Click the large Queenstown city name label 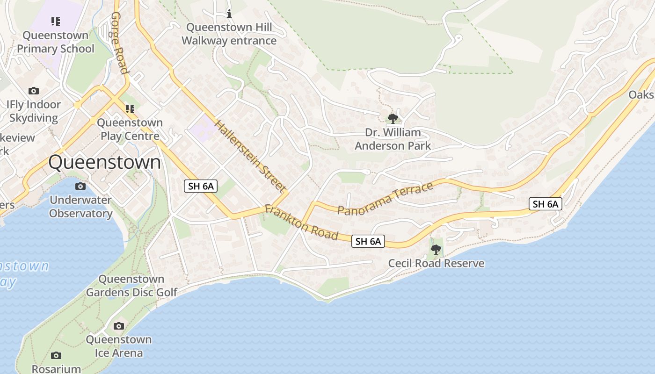click(104, 163)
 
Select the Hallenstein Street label click(251, 156)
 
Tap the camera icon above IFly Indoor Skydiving click(33, 91)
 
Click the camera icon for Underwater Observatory click(80, 186)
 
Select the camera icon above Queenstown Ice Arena click(119, 326)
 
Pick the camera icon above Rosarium click(56, 356)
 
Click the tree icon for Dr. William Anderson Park click(393, 118)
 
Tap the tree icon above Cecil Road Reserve click(436, 249)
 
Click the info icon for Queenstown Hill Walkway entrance click(229, 13)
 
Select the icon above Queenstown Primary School click(56, 21)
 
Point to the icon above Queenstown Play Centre click(130, 109)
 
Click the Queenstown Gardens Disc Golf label click(131, 286)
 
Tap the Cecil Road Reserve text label click(436, 263)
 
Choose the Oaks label click(641, 94)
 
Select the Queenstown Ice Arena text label click(118, 346)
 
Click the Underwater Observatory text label click(80, 207)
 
